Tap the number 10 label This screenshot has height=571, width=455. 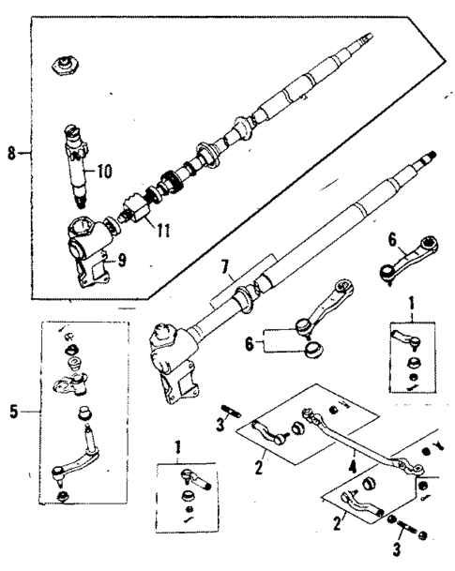pyautogui.click(x=102, y=171)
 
